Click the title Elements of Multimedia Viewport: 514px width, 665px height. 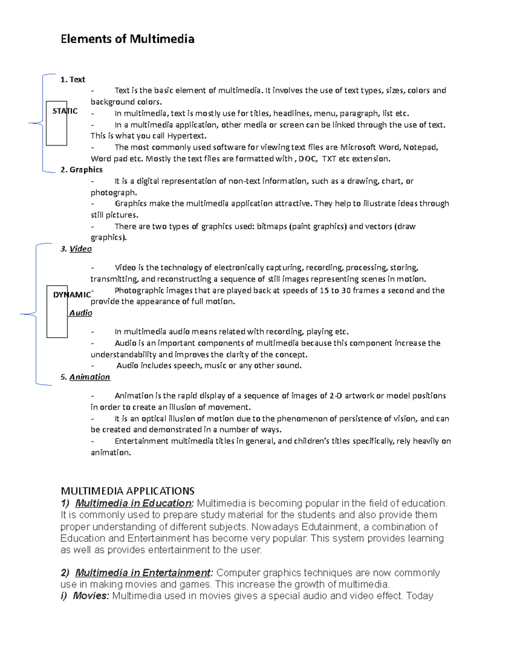pyautogui.click(x=127, y=39)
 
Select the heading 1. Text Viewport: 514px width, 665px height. pyautogui.click(x=73, y=80)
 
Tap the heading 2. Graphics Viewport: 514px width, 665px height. pyautogui.click(x=81, y=170)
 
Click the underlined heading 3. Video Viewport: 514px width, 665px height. pyautogui.click(x=76, y=249)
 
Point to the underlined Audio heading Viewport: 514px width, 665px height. pyautogui.click(x=81, y=313)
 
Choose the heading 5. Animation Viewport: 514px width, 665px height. pyautogui.click(x=85, y=377)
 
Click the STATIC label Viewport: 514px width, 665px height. pyautogui.click(x=65, y=111)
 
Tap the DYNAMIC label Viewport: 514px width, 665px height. pyautogui.click(x=72, y=295)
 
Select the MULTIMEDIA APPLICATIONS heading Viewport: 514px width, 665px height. pyautogui.click(x=128, y=491)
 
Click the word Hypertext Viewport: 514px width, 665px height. pyautogui.click(x=186, y=136)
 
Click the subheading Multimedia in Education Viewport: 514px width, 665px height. pyautogui.click(x=133, y=503)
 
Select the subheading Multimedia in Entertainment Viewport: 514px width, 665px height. pyautogui.click(x=143, y=573)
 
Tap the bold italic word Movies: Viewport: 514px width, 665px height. pyautogui.click(x=91, y=596)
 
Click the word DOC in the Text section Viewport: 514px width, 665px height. pyautogui.click(x=307, y=159)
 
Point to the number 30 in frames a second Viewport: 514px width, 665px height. pyautogui.click(x=346, y=290)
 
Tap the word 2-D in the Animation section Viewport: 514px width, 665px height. pyautogui.click(x=336, y=396)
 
